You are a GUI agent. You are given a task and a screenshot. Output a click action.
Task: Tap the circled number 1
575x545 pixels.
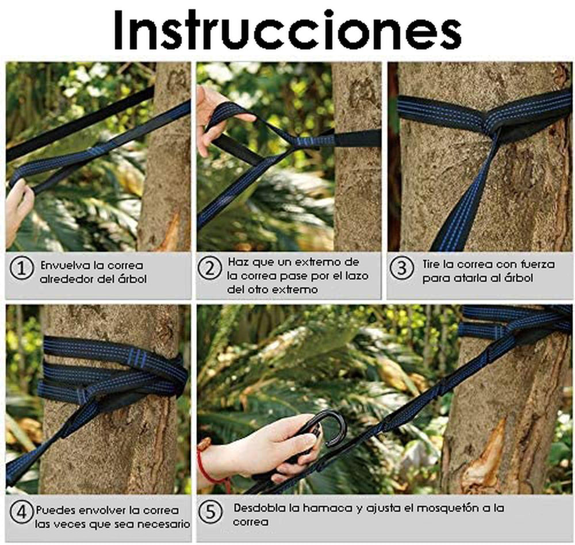(22, 268)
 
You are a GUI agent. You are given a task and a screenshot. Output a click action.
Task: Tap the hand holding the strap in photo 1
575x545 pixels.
(18, 209)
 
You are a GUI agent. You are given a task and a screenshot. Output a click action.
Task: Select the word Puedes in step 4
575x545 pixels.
(55, 510)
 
